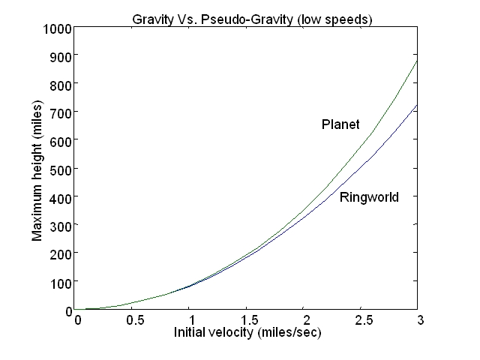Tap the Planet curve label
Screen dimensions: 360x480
point(340,124)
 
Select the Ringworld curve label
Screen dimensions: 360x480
point(369,198)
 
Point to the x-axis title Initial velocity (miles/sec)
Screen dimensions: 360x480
point(247,331)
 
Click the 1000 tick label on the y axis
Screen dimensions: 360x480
point(58,28)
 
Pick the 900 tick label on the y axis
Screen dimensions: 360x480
point(61,56)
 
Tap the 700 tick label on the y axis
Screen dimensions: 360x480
point(61,112)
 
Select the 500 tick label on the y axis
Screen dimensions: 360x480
point(61,169)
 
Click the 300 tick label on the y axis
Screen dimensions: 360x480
point(61,225)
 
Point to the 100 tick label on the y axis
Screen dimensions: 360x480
point(61,281)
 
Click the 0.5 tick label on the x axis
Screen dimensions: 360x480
point(135,319)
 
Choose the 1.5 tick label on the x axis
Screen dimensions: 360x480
point(248,319)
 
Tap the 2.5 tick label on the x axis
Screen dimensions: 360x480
point(361,319)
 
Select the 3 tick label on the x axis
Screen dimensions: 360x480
point(418,319)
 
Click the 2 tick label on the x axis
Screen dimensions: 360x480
point(304,319)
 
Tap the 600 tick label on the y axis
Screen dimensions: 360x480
point(61,141)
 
